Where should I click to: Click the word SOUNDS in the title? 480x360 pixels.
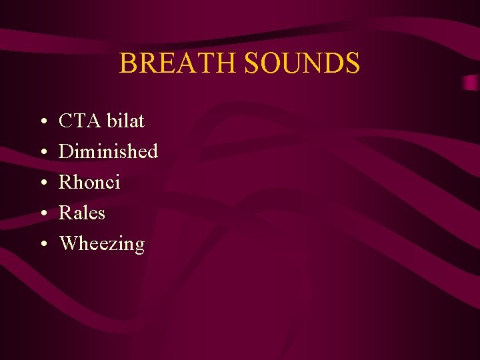click(302, 63)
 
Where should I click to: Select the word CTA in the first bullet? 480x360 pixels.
click(77, 121)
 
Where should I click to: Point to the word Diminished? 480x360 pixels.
click(109, 152)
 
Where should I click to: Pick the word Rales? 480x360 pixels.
click(83, 213)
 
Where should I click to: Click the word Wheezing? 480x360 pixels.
click(102, 244)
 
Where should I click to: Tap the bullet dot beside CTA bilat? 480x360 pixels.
click(42, 123)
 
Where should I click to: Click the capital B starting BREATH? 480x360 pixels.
click(128, 63)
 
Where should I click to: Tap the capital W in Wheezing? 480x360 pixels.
click(69, 243)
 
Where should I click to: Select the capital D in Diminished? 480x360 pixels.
click(66, 152)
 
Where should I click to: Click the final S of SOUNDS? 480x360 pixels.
click(352, 63)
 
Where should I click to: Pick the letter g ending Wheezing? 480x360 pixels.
click(139, 246)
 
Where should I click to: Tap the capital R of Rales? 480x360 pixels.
click(66, 213)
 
